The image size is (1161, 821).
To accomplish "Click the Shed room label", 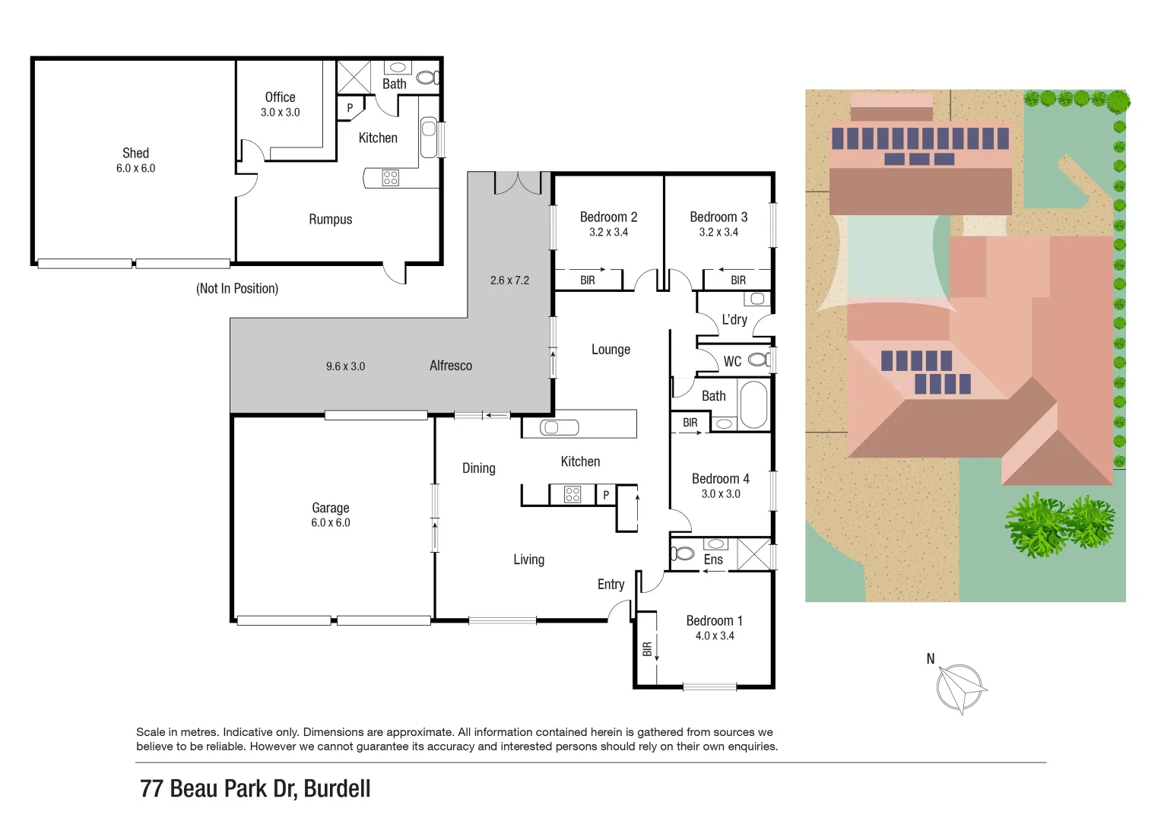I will click(x=135, y=153).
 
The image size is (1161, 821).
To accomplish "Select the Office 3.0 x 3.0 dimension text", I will click(x=280, y=113).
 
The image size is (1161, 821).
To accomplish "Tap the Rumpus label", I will click(x=330, y=220).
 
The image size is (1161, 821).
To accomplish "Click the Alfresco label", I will click(x=450, y=366).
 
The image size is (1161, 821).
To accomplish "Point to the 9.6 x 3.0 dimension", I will click(x=345, y=366).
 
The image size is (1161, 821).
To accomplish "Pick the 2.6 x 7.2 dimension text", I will click(x=509, y=281).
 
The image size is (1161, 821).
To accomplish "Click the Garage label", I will click(x=330, y=508).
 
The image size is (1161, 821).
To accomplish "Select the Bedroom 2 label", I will click(x=608, y=217).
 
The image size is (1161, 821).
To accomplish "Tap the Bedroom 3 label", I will click(x=718, y=217).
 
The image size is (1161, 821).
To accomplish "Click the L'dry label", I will click(x=734, y=320).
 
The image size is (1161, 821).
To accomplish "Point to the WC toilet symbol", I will click(x=760, y=360).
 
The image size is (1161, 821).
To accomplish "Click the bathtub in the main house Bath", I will click(x=753, y=405).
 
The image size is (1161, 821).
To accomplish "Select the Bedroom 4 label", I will click(x=720, y=479).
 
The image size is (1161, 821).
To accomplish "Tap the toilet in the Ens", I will click(x=682, y=553).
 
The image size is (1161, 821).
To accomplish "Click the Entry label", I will click(x=611, y=585).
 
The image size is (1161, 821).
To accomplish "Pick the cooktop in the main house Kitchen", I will click(x=573, y=495).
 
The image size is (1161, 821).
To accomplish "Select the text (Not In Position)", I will click(x=237, y=289).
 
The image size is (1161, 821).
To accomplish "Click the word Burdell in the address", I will click(x=337, y=789).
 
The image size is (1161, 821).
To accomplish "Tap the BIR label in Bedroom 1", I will click(x=647, y=648).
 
